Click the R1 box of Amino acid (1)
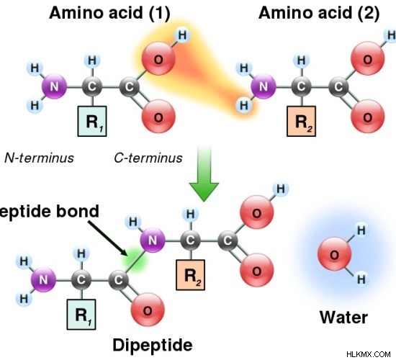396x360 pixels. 92,121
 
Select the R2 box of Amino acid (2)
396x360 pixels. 301,121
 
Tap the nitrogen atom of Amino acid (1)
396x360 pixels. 54,86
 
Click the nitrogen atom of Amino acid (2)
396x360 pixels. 263,86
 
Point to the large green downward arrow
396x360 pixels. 204,174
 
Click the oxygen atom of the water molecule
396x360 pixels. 334,255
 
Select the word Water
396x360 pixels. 343,318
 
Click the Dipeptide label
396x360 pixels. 153,346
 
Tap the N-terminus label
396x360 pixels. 39,158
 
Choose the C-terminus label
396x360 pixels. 148,158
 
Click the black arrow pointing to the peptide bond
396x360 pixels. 107,238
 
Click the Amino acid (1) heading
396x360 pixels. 109,13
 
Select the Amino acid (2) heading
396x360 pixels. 319,13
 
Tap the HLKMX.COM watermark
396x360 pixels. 369,354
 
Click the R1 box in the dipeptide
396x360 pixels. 81,315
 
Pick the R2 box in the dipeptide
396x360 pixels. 190,275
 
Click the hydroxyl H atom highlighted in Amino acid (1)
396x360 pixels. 182,35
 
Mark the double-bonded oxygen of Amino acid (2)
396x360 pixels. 367,117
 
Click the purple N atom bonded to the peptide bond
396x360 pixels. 153,240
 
